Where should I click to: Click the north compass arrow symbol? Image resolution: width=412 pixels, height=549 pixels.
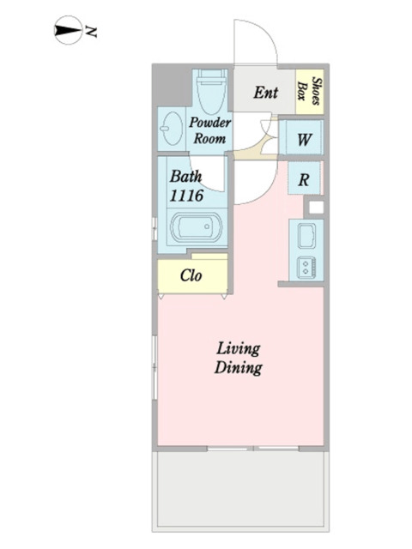click(x=68, y=30)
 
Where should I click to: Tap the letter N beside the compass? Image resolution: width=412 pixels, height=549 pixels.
click(x=91, y=32)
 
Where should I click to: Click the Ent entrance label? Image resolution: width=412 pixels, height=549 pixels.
click(x=265, y=93)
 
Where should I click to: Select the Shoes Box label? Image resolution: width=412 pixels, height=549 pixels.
click(x=310, y=91)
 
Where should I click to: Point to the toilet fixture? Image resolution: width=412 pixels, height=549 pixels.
click(x=212, y=91)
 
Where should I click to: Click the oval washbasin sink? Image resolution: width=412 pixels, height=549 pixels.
click(x=172, y=129)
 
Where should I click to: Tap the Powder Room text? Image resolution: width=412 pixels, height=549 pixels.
click(x=209, y=130)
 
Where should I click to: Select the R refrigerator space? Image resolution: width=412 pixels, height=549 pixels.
click(x=304, y=178)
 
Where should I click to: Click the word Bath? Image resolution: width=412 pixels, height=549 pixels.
click(x=185, y=176)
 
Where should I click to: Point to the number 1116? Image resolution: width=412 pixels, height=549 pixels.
click(x=186, y=196)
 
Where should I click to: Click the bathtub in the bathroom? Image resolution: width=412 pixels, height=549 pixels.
click(x=197, y=226)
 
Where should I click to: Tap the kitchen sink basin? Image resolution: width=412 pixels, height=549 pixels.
click(x=306, y=236)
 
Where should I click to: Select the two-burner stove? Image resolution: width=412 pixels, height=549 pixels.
click(x=306, y=268)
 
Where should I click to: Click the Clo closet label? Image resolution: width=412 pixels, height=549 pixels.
click(x=191, y=275)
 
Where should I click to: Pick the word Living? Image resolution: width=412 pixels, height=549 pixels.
click(x=239, y=349)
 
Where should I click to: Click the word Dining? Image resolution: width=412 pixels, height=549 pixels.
click(x=239, y=368)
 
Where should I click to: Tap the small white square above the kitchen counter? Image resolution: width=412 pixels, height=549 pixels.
click(x=316, y=208)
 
